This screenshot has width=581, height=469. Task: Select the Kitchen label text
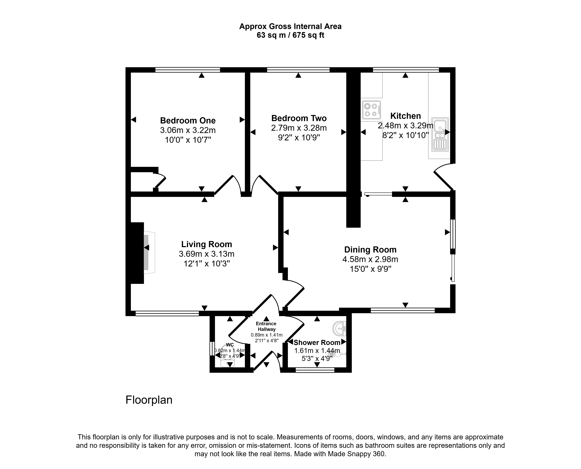[405, 116]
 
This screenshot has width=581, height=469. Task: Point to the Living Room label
[206, 244]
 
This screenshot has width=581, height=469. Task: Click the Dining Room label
[370, 250]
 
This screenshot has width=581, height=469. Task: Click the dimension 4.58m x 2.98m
[370, 259]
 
